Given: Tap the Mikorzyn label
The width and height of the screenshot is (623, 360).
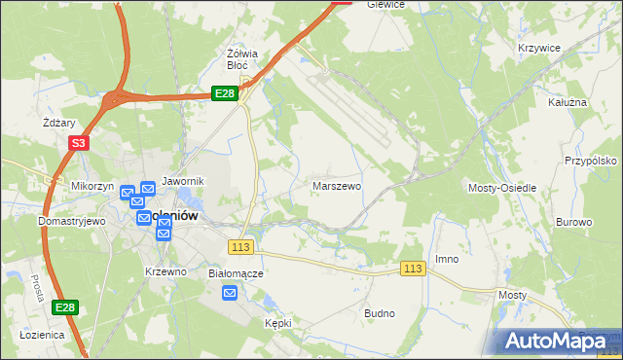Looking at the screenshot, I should coord(92,185).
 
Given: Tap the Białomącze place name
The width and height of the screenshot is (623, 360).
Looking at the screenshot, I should coord(237,273).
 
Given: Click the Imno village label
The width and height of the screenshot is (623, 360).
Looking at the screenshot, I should coord(447,259).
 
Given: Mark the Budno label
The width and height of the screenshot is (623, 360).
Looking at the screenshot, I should coord(379,313).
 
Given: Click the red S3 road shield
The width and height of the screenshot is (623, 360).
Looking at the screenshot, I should coord(79,143).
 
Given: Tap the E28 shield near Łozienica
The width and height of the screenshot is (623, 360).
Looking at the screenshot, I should coord(64,307).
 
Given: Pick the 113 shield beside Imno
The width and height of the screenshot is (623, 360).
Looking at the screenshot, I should coord(413,268).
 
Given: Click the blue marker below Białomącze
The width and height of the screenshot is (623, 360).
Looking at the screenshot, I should coord(229,293).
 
